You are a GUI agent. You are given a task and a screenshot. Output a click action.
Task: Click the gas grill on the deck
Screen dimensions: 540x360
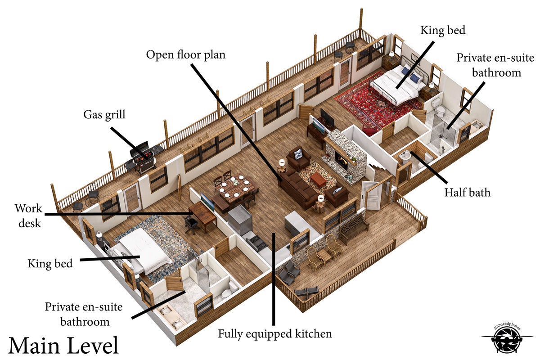(x=144, y=157)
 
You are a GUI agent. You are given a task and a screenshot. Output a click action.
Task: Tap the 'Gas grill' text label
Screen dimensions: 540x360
(x=104, y=115)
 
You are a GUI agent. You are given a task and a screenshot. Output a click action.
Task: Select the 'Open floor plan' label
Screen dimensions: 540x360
(x=185, y=55)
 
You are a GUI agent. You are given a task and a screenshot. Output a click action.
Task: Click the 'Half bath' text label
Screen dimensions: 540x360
(x=467, y=193)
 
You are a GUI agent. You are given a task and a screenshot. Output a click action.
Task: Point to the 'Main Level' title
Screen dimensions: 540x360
(x=63, y=345)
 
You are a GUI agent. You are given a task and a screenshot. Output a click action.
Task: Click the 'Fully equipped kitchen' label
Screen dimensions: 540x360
(x=275, y=334)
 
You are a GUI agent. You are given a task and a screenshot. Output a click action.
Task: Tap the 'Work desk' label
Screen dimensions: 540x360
(x=29, y=216)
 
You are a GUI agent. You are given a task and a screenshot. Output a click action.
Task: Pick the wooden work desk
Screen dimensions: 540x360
(x=203, y=213)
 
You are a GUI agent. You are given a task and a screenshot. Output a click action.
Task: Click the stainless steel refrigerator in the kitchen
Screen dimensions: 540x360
(x=239, y=222)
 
